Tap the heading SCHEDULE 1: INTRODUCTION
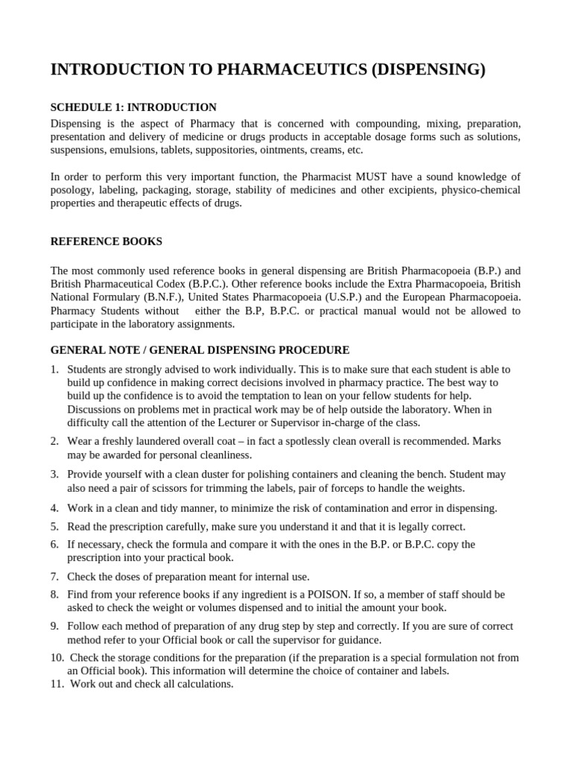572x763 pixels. click(133, 107)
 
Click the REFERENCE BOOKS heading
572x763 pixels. click(106, 241)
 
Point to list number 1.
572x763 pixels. click(55, 370)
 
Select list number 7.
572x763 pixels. click(55, 577)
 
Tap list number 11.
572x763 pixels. click(58, 684)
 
